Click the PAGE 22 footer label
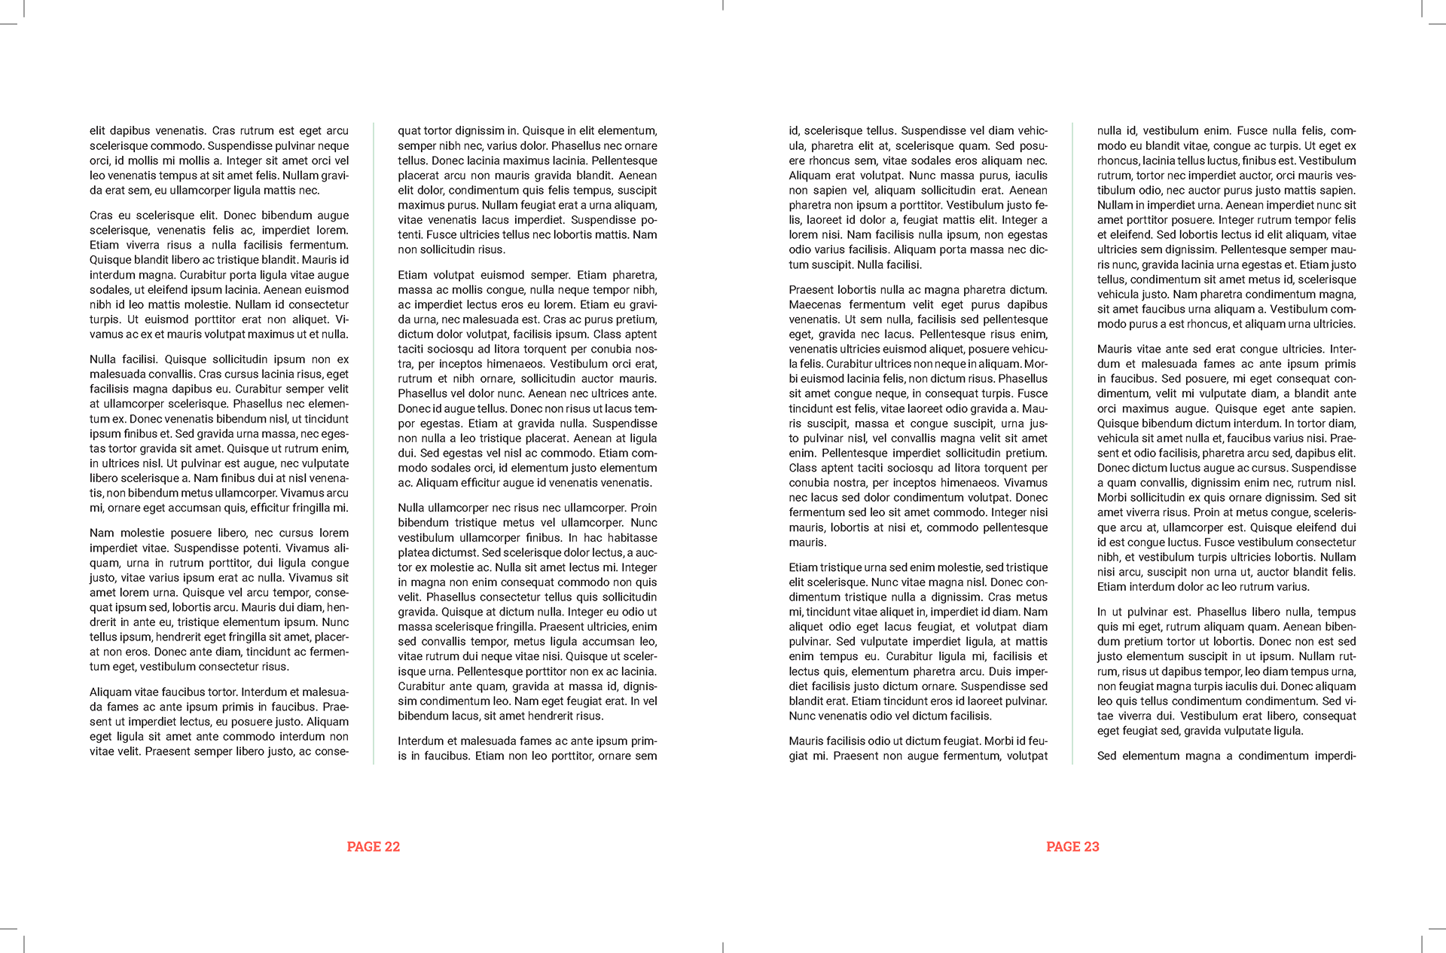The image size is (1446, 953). point(373,847)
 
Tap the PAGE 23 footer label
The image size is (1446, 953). point(1072,847)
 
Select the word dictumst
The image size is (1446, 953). point(456,553)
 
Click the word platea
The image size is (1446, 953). point(413,553)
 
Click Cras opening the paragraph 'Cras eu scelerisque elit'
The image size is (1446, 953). point(102,215)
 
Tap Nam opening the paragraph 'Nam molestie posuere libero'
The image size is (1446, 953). point(102,533)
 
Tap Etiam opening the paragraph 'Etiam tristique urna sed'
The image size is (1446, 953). point(803,567)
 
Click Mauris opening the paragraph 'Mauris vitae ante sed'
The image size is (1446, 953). point(1115,350)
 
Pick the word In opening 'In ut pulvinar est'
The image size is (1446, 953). point(1102,612)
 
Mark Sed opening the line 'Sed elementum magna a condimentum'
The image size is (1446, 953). point(1106,756)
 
